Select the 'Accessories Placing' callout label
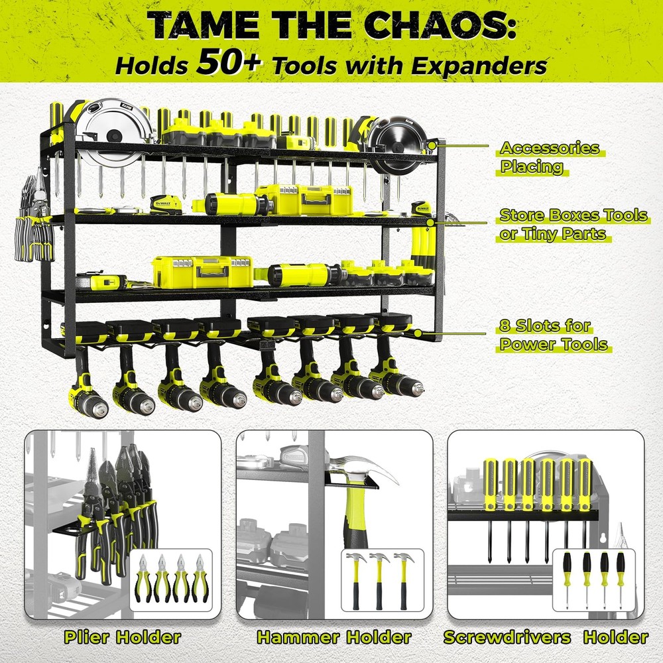[x=549, y=158]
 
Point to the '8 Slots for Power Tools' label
[x=554, y=335]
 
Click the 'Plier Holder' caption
[x=122, y=637]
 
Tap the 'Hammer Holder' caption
[x=334, y=637]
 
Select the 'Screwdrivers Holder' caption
[x=545, y=637]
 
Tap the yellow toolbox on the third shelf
[x=202, y=271]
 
